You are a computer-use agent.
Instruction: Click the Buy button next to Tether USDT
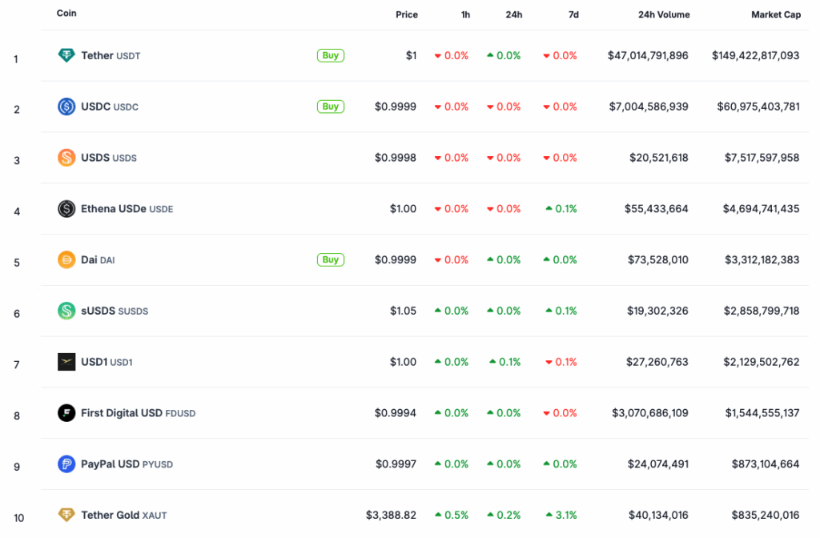point(330,55)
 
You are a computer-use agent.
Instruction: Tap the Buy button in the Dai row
point(330,259)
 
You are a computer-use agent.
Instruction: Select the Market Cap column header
point(775,14)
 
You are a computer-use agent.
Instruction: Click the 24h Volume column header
point(663,14)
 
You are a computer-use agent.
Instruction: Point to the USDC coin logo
point(66,106)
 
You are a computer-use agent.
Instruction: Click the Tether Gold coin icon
point(66,515)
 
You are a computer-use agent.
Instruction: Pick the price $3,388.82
point(391,515)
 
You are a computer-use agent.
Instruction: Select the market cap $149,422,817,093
point(755,55)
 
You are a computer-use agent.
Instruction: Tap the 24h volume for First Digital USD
point(649,413)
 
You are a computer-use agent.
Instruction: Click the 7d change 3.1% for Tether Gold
point(561,515)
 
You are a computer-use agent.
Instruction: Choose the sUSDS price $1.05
point(403,311)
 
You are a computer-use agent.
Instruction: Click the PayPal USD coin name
point(111,464)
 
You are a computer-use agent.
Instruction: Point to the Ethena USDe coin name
point(114,209)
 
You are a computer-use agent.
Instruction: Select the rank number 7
point(17,364)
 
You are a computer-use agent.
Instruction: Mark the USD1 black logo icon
point(66,362)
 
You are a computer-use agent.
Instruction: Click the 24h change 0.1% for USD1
point(505,362)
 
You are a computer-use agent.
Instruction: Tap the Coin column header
point(66,14)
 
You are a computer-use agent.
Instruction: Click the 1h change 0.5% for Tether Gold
point(452,515)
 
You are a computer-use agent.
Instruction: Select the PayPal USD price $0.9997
point(396,464)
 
